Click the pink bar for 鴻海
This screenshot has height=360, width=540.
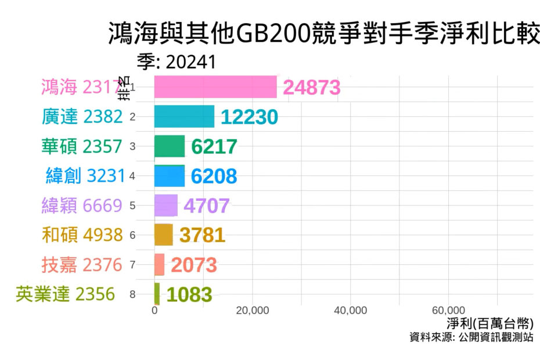(215, 87)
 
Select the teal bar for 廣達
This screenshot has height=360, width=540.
(184, 117)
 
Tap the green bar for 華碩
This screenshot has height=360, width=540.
(170, 146)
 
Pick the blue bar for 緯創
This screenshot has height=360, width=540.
(170, 176)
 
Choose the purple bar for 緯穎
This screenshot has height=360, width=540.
(166, 206)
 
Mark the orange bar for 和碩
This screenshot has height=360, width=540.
(164, 235)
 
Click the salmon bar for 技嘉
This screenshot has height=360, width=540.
(160, 264)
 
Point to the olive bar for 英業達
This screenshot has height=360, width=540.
(157, 294)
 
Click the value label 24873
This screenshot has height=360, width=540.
(311, 88)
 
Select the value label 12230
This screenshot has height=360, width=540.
(249, 117)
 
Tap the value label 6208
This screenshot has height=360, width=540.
(214, 176)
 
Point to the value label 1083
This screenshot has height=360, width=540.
(189, 294)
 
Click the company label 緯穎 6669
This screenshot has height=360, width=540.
(82, 205)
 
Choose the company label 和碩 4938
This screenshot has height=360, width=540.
(82, 235)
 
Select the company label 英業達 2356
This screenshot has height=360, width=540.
(66, 294)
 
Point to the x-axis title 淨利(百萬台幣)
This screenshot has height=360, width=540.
(490, 323)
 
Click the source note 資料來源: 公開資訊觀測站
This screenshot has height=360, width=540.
(471, 337)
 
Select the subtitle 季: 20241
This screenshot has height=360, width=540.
(177, 62)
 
